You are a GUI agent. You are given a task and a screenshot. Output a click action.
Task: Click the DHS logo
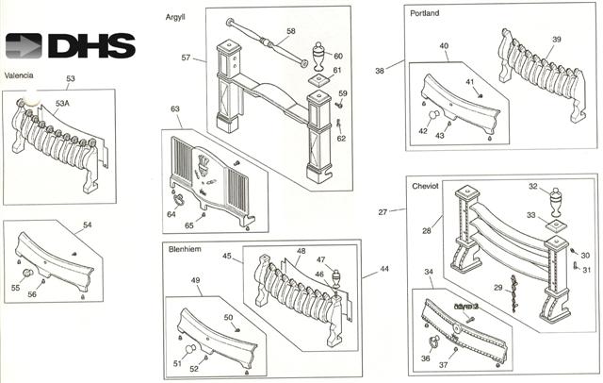[x=70, y=46]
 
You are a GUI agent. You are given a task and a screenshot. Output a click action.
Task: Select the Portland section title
[x=426, y=14]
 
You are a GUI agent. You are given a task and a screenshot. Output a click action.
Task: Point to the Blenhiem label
[x=185, y=249]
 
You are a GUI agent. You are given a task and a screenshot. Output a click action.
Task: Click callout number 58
[x=291, y=32]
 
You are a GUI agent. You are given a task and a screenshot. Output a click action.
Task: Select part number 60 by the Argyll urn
[x=338, y=57]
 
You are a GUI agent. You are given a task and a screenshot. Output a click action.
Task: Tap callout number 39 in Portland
[x=556, y=39]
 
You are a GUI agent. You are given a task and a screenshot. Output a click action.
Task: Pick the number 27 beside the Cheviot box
[x=383, y=212]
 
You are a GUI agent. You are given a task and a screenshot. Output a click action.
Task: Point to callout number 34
[x=430, y=273]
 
